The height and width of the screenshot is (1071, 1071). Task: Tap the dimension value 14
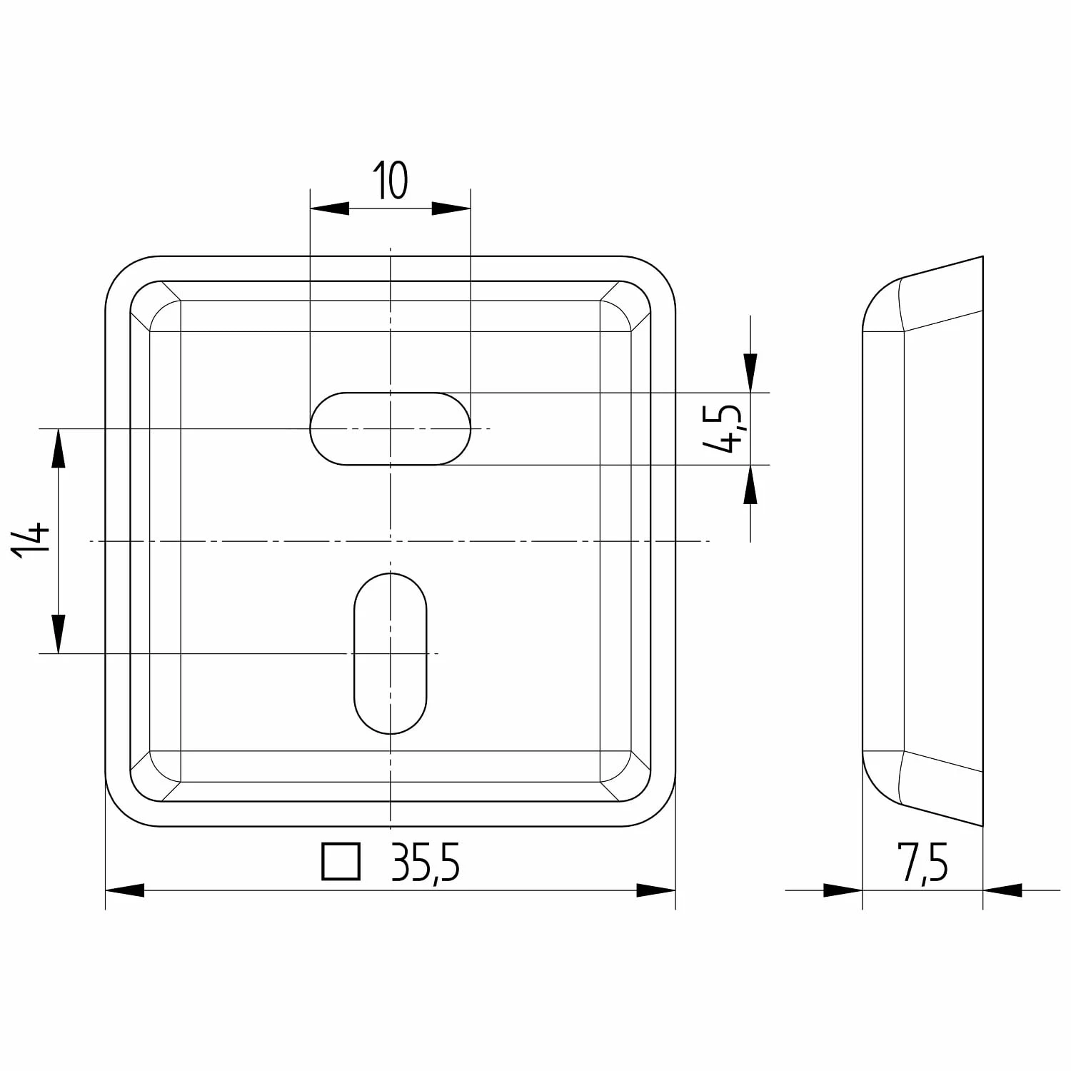(x=31, y=540)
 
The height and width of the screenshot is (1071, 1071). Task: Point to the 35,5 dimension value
(x=426, y=863)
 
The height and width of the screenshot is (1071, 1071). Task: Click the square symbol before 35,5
(x=341, y=862)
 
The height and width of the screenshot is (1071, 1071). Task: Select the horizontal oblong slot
(x=391, y=428)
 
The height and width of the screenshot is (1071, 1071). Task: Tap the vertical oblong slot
(x=391, y=653)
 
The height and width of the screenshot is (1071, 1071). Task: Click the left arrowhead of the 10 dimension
(x=329, y=208)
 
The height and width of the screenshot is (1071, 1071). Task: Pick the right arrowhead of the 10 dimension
(x=452, y=208)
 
